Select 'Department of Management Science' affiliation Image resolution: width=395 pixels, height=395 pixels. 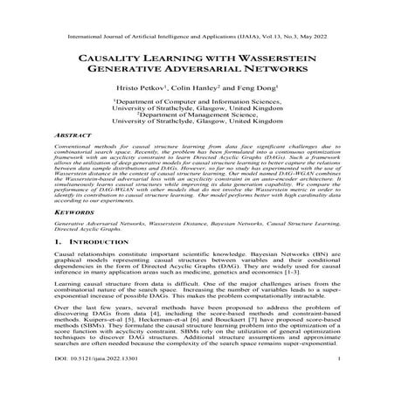point(198,121)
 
